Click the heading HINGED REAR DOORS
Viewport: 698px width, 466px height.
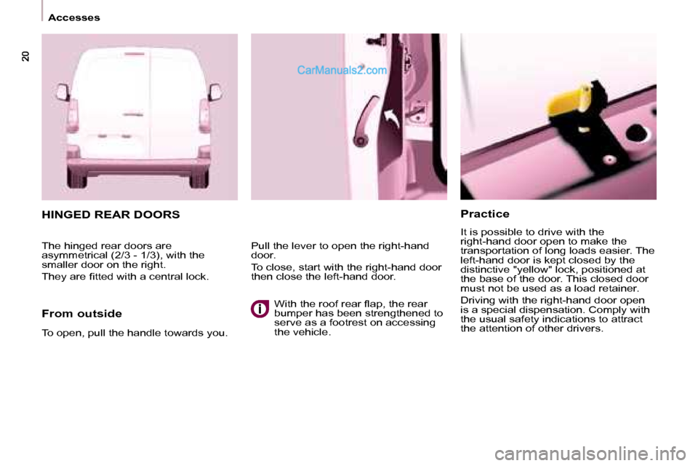[111, 216]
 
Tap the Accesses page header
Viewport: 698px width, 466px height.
[74, 17]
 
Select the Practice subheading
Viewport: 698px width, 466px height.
[485, 214]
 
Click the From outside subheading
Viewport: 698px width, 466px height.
[81, 314]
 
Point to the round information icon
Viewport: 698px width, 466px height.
[260, 309]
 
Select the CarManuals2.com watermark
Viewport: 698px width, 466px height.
[342, 71]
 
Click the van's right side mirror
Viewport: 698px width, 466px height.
[215, 92]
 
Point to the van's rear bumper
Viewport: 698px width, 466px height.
[139, 173]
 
